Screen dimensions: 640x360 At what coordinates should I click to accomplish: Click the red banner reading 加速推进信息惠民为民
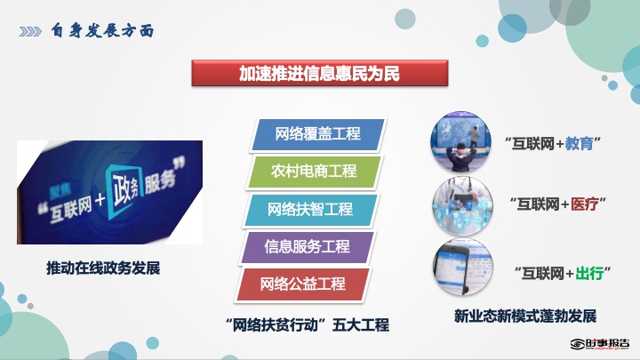[x=320, y=73]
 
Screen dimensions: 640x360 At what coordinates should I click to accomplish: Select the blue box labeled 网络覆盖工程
[x=317, y=134]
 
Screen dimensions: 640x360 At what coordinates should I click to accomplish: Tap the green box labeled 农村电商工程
[x=314, y=172]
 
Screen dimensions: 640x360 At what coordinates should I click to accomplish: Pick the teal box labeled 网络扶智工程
[x=310, y=210]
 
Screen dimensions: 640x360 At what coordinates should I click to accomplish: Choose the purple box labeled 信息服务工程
[x=307, y=247]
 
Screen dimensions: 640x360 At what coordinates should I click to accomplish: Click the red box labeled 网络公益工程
[x=303, y=284]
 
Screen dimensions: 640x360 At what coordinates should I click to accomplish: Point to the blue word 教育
[x=579, y=144]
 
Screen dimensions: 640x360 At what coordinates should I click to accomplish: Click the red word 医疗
[x=585, y=204]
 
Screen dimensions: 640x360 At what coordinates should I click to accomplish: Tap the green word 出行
[x=589, y=273]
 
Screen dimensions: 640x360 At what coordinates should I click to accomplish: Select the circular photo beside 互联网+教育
[x=460, y=141]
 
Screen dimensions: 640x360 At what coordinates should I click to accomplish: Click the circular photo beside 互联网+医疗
[x=462, y=205]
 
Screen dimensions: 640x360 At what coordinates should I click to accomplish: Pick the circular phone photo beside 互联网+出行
[x=463, y=268]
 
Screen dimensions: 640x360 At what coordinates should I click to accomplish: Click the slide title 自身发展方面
[x=102, y=30]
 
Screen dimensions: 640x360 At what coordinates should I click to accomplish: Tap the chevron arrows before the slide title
[x=30, y=31]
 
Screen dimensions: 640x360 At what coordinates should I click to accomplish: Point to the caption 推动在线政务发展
[x=103, y=268]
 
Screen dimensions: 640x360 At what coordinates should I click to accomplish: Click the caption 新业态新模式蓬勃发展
[x=525, y=316]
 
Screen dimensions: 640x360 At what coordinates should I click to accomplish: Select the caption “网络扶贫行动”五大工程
[x=307, y=325]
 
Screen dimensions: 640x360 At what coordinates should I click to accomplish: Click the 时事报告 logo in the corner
[x=600, y=344]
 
